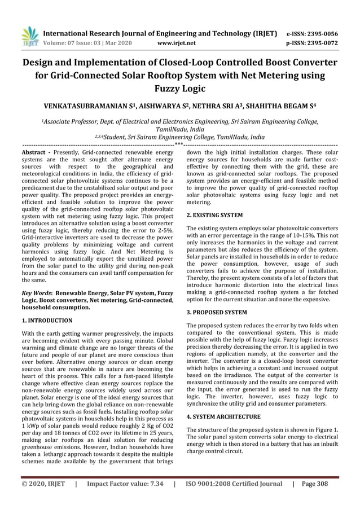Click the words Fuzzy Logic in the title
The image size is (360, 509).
[x=179, y=89]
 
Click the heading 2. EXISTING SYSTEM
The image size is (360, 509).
[x=214, y=215]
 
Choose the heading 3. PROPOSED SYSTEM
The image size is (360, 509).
[x=216, y=312]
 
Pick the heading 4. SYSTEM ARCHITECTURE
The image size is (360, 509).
[x=223, y=416]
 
